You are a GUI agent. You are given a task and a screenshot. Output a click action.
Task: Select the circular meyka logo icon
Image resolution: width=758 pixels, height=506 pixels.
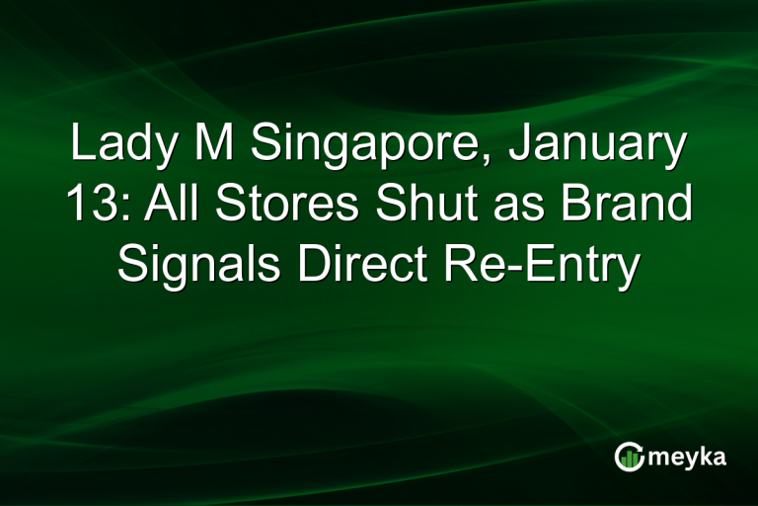click(629, 457)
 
